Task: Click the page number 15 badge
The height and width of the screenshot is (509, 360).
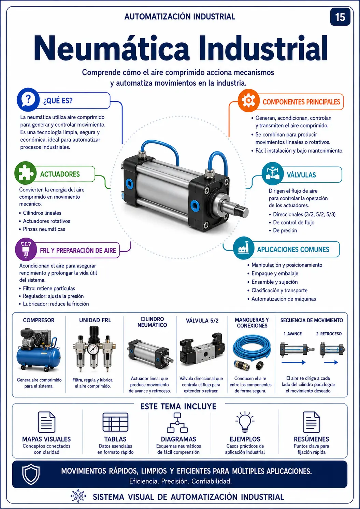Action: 340,17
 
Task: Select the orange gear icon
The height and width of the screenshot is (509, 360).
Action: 248,100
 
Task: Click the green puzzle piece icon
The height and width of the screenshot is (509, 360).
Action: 26,173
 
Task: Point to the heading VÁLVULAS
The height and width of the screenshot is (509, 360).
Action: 301,175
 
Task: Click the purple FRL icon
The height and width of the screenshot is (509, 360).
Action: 26,249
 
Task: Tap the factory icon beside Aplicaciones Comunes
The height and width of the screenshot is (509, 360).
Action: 244,248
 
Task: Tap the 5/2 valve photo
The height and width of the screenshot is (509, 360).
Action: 202,350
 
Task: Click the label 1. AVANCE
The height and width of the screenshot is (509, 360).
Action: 293,334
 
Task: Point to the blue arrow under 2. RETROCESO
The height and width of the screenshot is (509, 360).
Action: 331,363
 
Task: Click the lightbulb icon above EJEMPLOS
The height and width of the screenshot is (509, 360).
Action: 245,422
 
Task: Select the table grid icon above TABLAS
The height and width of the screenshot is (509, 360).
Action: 115,422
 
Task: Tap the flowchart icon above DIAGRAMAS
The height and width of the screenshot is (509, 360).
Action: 177,423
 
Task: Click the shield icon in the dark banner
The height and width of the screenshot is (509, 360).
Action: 31,474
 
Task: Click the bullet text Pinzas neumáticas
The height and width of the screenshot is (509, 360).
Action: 44,229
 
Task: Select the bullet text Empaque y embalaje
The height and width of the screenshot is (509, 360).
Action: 275,273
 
